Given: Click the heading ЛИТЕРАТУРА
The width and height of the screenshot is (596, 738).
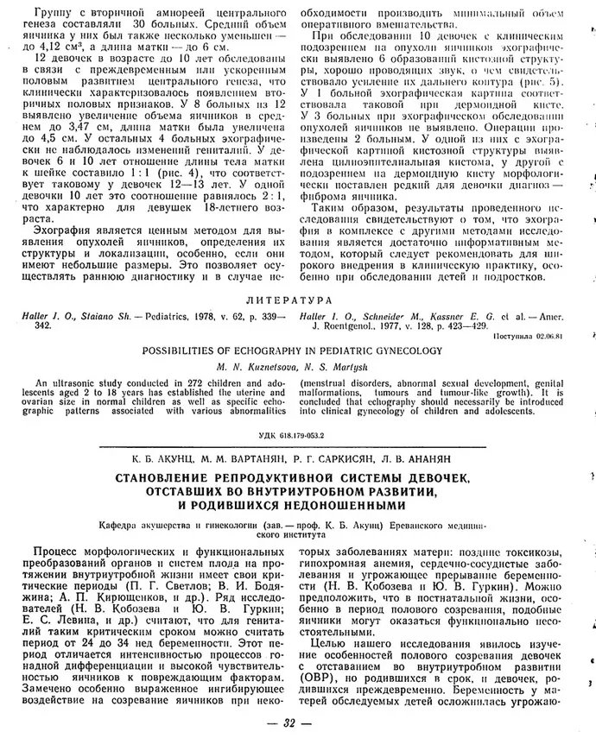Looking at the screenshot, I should pos(298,300).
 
